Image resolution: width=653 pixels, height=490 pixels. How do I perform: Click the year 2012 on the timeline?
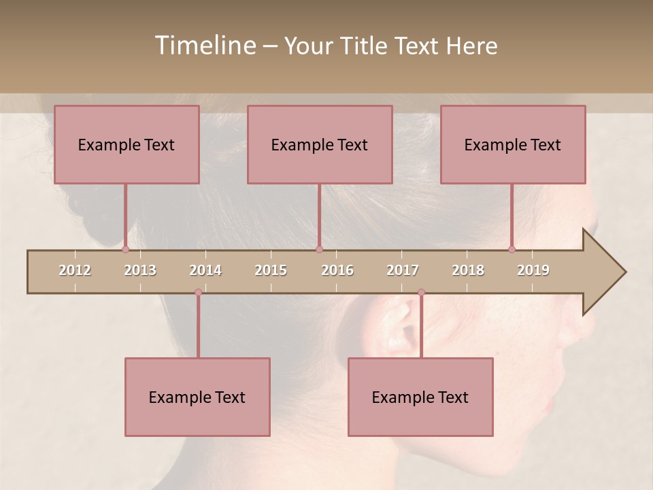pyautogui.click(x=75, y=270)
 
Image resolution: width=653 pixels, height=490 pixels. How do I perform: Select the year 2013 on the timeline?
pyautogui.click(x=140, y=270)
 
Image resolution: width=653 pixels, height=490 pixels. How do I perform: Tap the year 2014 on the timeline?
pyautogui.click(x=205, y=270)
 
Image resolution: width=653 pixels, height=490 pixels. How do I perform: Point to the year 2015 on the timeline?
pyautogui.click(x=271, y=270)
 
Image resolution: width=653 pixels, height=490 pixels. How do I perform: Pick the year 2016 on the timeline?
pyautogui.click(x=337, y=270)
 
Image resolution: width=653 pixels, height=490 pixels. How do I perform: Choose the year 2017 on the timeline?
pyautogui.click(x=403, y=270)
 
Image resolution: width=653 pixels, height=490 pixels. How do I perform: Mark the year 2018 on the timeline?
pyautogui.click(x=468, y=270)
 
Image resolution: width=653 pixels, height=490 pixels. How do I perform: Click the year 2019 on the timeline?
pyautogui.click(x=533, y=270)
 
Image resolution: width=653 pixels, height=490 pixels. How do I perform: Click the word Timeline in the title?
pyautogui.click(x=204, y=46)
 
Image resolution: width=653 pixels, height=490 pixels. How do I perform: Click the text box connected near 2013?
pyautogui.click(x=127, y=145)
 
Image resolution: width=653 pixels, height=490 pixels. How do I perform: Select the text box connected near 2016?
pyautogui.click(x=320, y=145)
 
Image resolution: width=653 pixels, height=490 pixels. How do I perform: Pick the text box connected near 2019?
pyautogui.click(x=513, y=145)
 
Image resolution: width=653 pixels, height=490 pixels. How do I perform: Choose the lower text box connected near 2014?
pyautogui.click(x=197, y=397)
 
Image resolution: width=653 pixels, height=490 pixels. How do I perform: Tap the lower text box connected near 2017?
pyautogui.click(x=420, y=397)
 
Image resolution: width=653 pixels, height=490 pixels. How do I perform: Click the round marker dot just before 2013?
pyautogui.click(x=125, y=249)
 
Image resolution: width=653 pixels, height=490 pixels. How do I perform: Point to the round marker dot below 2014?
pyautogui.click(x=198, y=293)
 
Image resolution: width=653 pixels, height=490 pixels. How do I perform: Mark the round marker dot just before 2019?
pyautogui.click(x=512, y=249)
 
